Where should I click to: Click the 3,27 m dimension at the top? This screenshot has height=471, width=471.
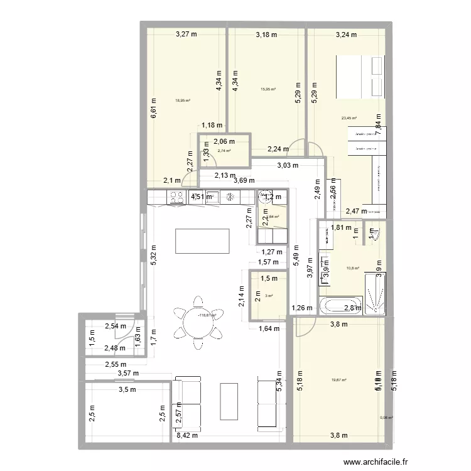[186, 35]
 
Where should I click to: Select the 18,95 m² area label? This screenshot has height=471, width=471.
[183, 100]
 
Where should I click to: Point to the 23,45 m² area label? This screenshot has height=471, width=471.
[349, 118]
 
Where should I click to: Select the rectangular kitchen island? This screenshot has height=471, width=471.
[202, 241]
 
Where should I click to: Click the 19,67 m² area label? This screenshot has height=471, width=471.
[340, 379]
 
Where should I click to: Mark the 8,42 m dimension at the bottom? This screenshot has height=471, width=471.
[187, 435]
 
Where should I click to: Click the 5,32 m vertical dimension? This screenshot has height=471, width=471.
[153, 253]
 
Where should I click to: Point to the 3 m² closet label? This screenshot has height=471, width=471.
[269, 296]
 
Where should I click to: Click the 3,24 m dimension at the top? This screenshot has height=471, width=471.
[345, 35]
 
